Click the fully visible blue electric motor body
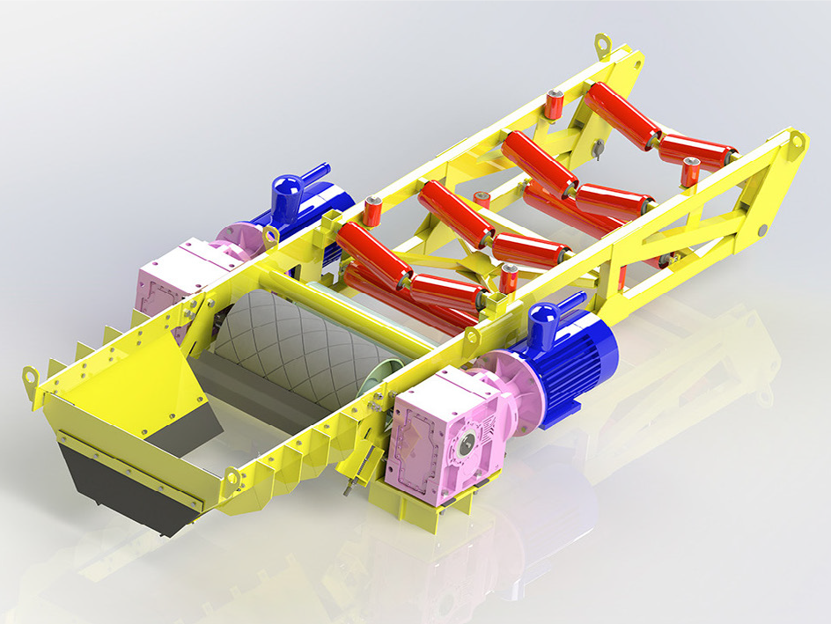click(x=577, y=361)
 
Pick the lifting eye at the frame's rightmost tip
click(x=796, y=141)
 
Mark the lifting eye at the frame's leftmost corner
click(x=32, y=376)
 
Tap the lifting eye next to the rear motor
click(x=270, y=235)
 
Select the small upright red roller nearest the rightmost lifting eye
click(x=691, y=172)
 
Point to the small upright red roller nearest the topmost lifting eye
click(x=555, y=103)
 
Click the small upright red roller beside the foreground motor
click(x=509, y=278)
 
